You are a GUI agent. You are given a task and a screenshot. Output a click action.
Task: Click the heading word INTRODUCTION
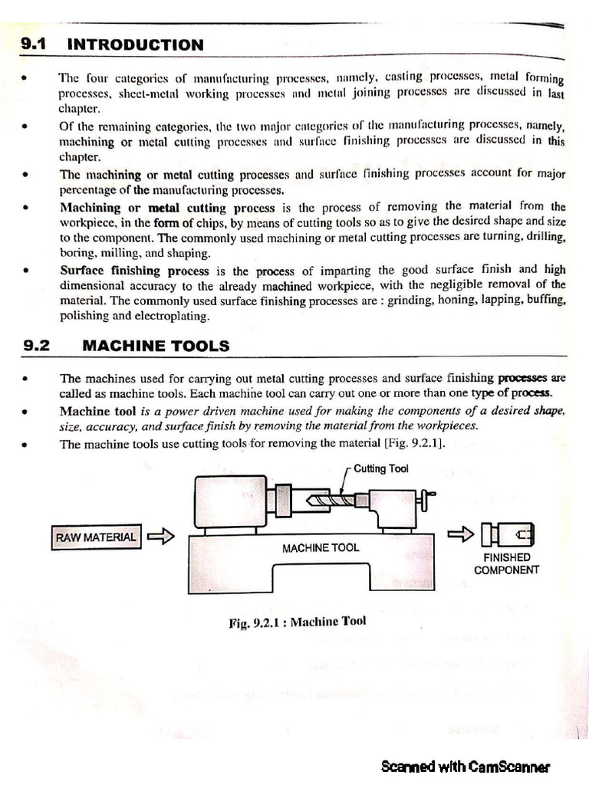136,44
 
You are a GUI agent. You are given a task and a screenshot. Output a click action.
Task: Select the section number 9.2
35,346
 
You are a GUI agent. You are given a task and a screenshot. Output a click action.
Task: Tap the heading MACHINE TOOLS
155,346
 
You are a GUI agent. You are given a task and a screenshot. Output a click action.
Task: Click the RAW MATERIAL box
96,537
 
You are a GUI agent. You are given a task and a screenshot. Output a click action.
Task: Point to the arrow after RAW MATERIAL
161,537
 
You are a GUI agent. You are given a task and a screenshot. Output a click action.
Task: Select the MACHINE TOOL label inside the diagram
320,547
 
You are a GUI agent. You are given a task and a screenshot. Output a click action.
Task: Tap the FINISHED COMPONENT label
505,563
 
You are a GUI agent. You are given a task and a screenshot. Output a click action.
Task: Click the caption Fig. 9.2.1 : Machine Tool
297,621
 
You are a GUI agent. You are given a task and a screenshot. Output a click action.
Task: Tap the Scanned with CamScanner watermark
465,766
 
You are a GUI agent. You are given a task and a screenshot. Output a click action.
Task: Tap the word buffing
545,301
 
